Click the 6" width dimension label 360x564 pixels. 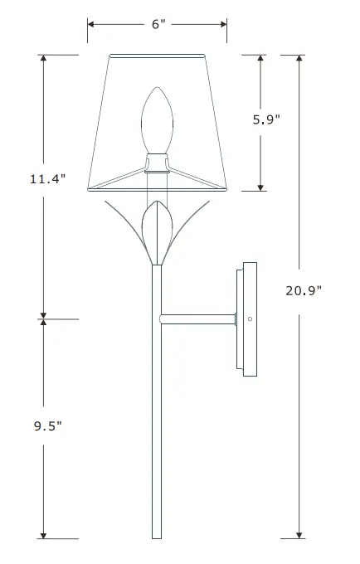[x=158, y=24]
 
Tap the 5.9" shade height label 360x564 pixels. [x=266, y=119]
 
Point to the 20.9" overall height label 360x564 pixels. [x=302, y=289]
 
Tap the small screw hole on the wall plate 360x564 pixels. [x=249, y=318]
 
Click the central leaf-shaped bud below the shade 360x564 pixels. [x=156, y=232]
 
